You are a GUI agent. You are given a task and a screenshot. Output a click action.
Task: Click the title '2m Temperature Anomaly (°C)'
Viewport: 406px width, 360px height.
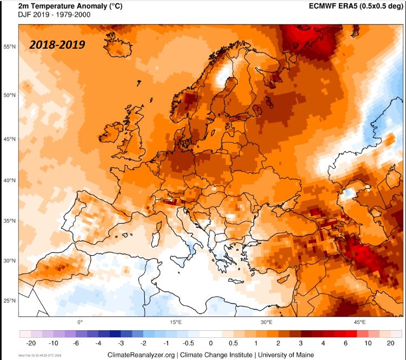pyautogui.click(x=63, y=5)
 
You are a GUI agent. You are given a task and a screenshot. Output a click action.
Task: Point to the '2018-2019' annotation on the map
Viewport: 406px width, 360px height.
pyautogui.click(x=57, y=44)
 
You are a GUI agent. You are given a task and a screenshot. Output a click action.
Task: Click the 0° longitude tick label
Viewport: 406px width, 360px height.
pyautogui.click(x=80, y=322)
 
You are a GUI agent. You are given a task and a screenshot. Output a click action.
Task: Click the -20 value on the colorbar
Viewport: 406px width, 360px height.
pyautogui.click(x=31, y=343)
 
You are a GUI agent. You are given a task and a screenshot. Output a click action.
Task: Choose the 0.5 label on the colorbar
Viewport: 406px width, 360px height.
pyautogui.click(x=233, y=343)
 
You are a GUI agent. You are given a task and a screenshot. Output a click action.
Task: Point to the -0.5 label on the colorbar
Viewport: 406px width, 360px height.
pyautogui.click(x=188, y=343)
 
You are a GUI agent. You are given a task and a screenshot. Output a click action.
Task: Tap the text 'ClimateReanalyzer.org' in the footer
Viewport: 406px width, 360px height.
pyautogui.click(x=142, y=355)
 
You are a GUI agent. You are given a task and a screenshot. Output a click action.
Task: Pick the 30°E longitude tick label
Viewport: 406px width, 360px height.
pyautogui.click(x=267, y=322)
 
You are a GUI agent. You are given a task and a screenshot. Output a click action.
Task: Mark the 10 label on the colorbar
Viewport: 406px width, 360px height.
pyautogui.click(x=368, y=343)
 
